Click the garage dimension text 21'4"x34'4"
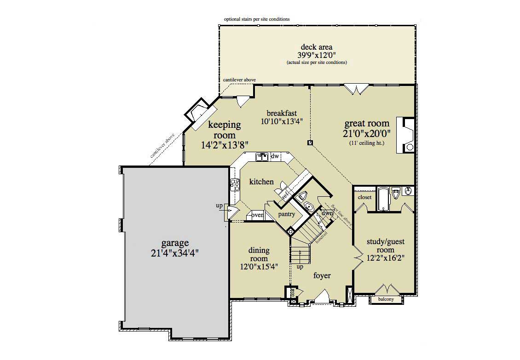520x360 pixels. (175, 252)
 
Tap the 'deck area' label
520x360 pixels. (316, 47)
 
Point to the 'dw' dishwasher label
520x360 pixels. (275, 157)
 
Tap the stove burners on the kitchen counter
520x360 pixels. (234, 185)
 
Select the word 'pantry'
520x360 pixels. (286, 214)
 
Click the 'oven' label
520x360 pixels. (257, 215)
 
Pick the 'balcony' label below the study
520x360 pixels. (386, 299)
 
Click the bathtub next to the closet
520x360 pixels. (383, 199)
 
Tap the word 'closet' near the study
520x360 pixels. (364, 197)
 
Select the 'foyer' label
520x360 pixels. (322, 276)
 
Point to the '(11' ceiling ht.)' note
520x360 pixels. (366, 143)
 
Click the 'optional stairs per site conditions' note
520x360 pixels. (257, 19)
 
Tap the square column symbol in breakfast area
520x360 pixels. (311, 142)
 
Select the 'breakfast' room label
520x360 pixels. (282, 113)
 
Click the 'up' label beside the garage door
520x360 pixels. (219, 206)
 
